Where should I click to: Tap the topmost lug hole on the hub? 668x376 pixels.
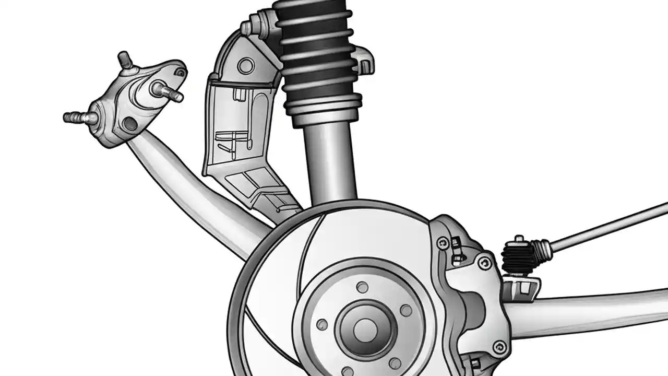click(362, 287)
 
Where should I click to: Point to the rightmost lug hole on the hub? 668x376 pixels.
click(405, 310)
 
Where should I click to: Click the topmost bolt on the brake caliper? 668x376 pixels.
click(443, 242)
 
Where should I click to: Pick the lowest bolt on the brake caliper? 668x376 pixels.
click(500, 345)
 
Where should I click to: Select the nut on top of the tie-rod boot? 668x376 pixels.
click(519, 241)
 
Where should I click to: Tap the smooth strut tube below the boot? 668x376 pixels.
click(329, 162)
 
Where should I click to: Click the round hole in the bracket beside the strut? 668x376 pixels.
click(245, 65)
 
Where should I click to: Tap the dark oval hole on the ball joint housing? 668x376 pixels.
click(128, 123)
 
